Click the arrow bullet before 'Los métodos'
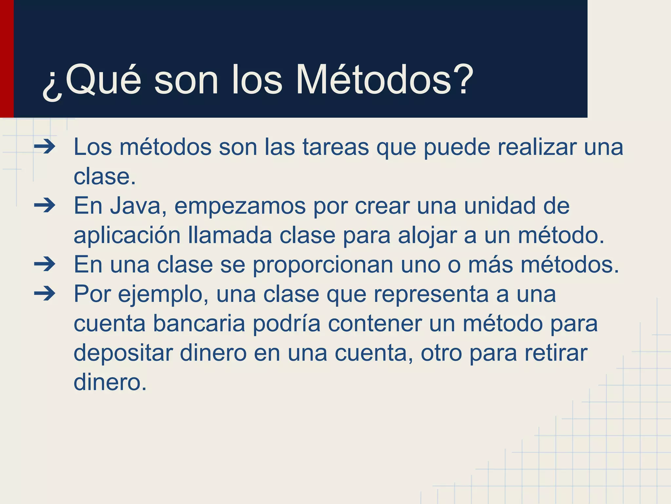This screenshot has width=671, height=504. tap(45, 147)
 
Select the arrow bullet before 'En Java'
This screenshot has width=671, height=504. tap(45, 206)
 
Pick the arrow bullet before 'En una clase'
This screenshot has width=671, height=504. tap(45, 264)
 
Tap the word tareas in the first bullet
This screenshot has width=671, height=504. tap(335, 147)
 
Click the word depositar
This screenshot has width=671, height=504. tap(123, 354)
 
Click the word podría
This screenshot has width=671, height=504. tap(286, 324)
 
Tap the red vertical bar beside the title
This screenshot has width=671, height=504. tap(7, 59)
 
